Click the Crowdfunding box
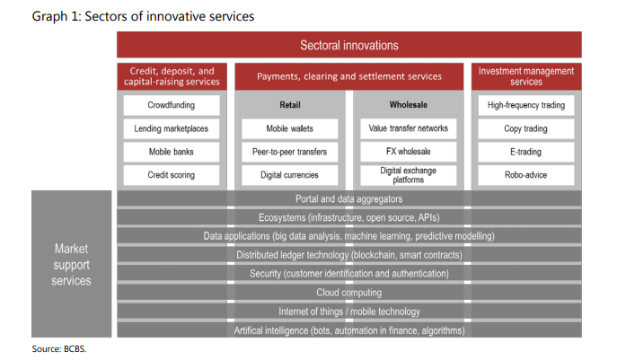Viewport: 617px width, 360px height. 172,105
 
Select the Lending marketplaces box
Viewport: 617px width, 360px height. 172,128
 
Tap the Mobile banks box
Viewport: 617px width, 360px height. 172,152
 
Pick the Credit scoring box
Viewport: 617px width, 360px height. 172,175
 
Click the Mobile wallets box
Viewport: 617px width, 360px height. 289,128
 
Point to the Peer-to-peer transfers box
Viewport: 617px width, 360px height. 289,152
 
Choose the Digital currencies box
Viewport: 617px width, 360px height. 289,175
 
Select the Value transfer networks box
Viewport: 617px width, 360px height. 409,128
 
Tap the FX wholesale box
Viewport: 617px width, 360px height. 409,152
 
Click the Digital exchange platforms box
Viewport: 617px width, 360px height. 409,175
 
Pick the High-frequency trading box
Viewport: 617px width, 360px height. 526,105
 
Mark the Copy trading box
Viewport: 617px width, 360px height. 526,128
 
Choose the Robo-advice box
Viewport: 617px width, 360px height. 526,175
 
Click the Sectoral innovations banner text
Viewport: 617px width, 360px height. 349,45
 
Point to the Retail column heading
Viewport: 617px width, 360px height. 290,105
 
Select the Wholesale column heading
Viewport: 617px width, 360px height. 409,105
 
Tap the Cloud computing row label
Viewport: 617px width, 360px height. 349,293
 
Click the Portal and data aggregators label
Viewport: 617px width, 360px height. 349,199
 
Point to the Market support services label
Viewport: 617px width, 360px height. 71,265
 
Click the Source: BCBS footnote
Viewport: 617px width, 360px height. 59,349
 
